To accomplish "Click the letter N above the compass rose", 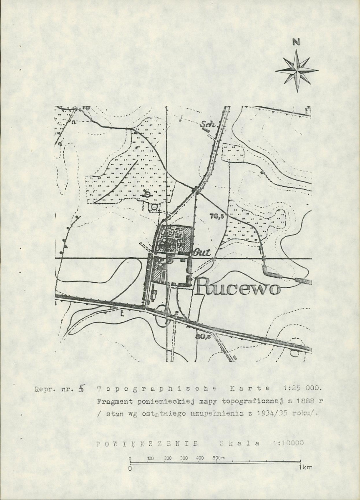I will tap(296, 42).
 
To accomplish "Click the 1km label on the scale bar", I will tap(306, 468).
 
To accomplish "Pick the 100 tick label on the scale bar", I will tap(151, 458).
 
